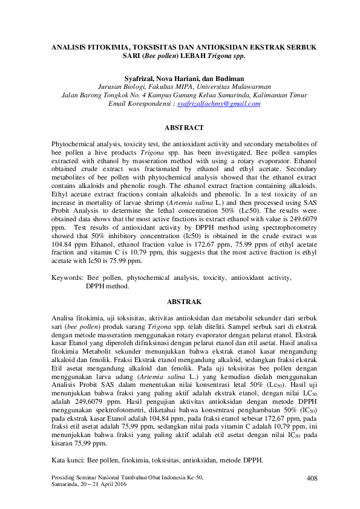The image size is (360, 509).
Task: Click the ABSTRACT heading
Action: pyautogui.click(x=180, y=128)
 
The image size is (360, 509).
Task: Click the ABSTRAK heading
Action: pyautogui.click(x=180, y=301)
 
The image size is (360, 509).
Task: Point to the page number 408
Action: pyautogui.click(x=312, y=478)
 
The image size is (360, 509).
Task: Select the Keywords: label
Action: pyautogui.click(x=67, y=278)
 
